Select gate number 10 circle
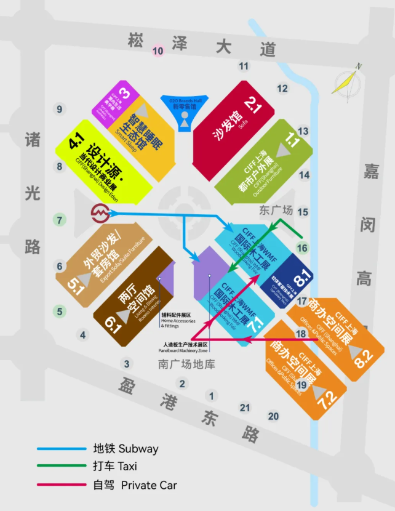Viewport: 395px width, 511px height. tap(158, 50)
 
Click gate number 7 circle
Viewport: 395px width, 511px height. tap(60, 220)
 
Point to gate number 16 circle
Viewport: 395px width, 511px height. tap(302, 248)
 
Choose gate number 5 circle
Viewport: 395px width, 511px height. tap(60, 312)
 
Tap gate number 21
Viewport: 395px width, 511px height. tap(245, 408)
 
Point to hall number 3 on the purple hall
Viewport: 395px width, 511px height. tap(125, 94)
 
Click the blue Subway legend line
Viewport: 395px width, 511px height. tap(61, 448)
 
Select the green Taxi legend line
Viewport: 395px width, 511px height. tap(61, 467)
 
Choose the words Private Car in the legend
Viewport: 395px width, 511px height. tap(149, 485)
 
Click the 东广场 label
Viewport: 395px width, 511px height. tap(274, 210)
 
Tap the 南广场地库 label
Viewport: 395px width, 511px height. tap(186, 364)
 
